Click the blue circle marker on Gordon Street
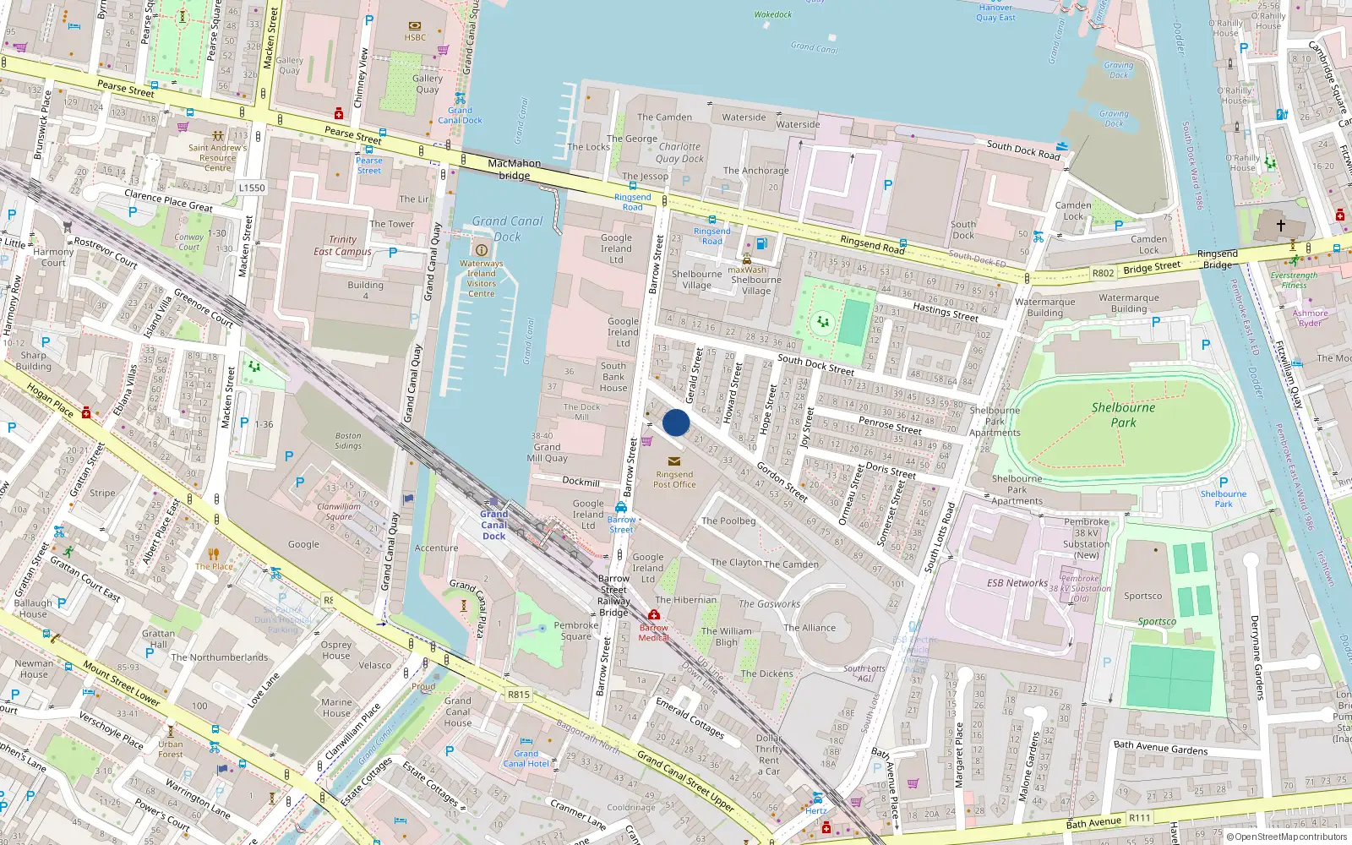click(x=676, y=422)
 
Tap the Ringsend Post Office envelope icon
click(x=674, y=461)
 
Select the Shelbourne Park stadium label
click(x=1123, y=414)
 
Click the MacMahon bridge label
click(x=514, y=169)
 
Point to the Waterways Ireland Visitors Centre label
click(x=481, y=278)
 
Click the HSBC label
click(x=415, y=37)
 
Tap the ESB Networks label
click(x=1017, y=583)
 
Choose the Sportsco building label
click(x=1142, y=596)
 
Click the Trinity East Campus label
click(x=342, y=245)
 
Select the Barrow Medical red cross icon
click(x=654, y=614)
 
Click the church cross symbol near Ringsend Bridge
click(x=1280, y=226)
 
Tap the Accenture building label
click(x=436, y=548)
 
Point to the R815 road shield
click(x=518, y=695)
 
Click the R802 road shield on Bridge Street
click(x=1103, y=273)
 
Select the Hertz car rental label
click(x=816, y=810)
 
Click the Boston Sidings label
click(x=347, y=440)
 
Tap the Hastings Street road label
click(x=946, y=313)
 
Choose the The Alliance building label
click(x=809, y=628)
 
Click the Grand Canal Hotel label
click(x=526, y=759)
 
